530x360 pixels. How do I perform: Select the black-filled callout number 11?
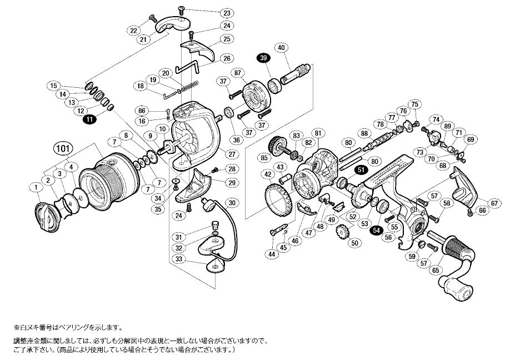coord(88,118)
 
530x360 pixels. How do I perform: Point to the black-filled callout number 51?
coord(361,171)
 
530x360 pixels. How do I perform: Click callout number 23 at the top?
coord(212,13)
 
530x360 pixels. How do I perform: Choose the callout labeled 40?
coord(281,48)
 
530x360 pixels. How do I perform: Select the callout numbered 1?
coord(37,188)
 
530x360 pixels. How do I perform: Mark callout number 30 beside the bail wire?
coord(232,203)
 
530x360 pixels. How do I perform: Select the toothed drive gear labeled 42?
coord(281,198)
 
